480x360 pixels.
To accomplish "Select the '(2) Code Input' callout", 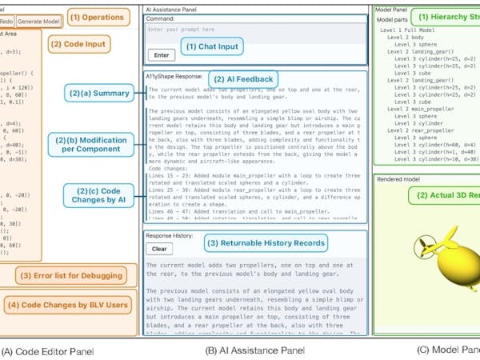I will pyautogui.click(x=79, y=43).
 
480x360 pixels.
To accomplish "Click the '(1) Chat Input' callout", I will pyautogui.click(x=211, y=47).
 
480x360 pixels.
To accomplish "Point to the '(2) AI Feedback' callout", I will pyautogui.click(x=243, y=78).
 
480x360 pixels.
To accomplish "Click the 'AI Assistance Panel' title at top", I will pyautogui.click(x=173, y=7).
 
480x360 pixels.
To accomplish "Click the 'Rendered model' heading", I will pyautogui.click(x=398, y=179).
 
